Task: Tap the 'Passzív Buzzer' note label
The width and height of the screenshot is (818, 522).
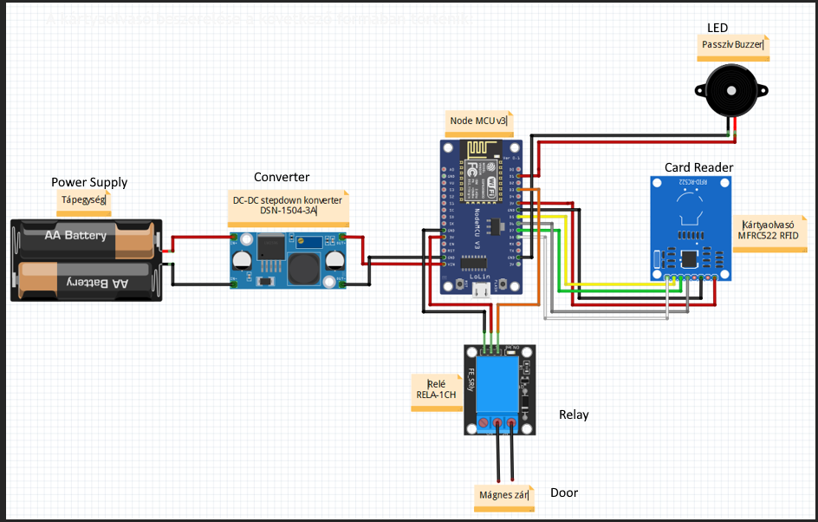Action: [732, 45]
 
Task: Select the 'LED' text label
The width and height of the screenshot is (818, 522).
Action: [717, 28]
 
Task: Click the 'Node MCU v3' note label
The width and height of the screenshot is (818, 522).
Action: [478, 121]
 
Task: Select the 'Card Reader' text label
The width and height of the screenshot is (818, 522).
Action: [698, 167]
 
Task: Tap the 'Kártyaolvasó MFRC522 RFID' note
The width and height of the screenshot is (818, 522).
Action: [769, 230]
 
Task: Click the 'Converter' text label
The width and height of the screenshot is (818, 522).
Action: [282, 177]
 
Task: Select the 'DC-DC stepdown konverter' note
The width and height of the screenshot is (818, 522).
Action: [288, 205]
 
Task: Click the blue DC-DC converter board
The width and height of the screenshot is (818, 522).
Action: [289, 260]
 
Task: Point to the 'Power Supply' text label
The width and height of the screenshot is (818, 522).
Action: [89, 182]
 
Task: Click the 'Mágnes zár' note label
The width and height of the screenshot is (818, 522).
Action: [504, 496]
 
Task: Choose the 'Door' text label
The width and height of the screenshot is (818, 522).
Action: [564, 493]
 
